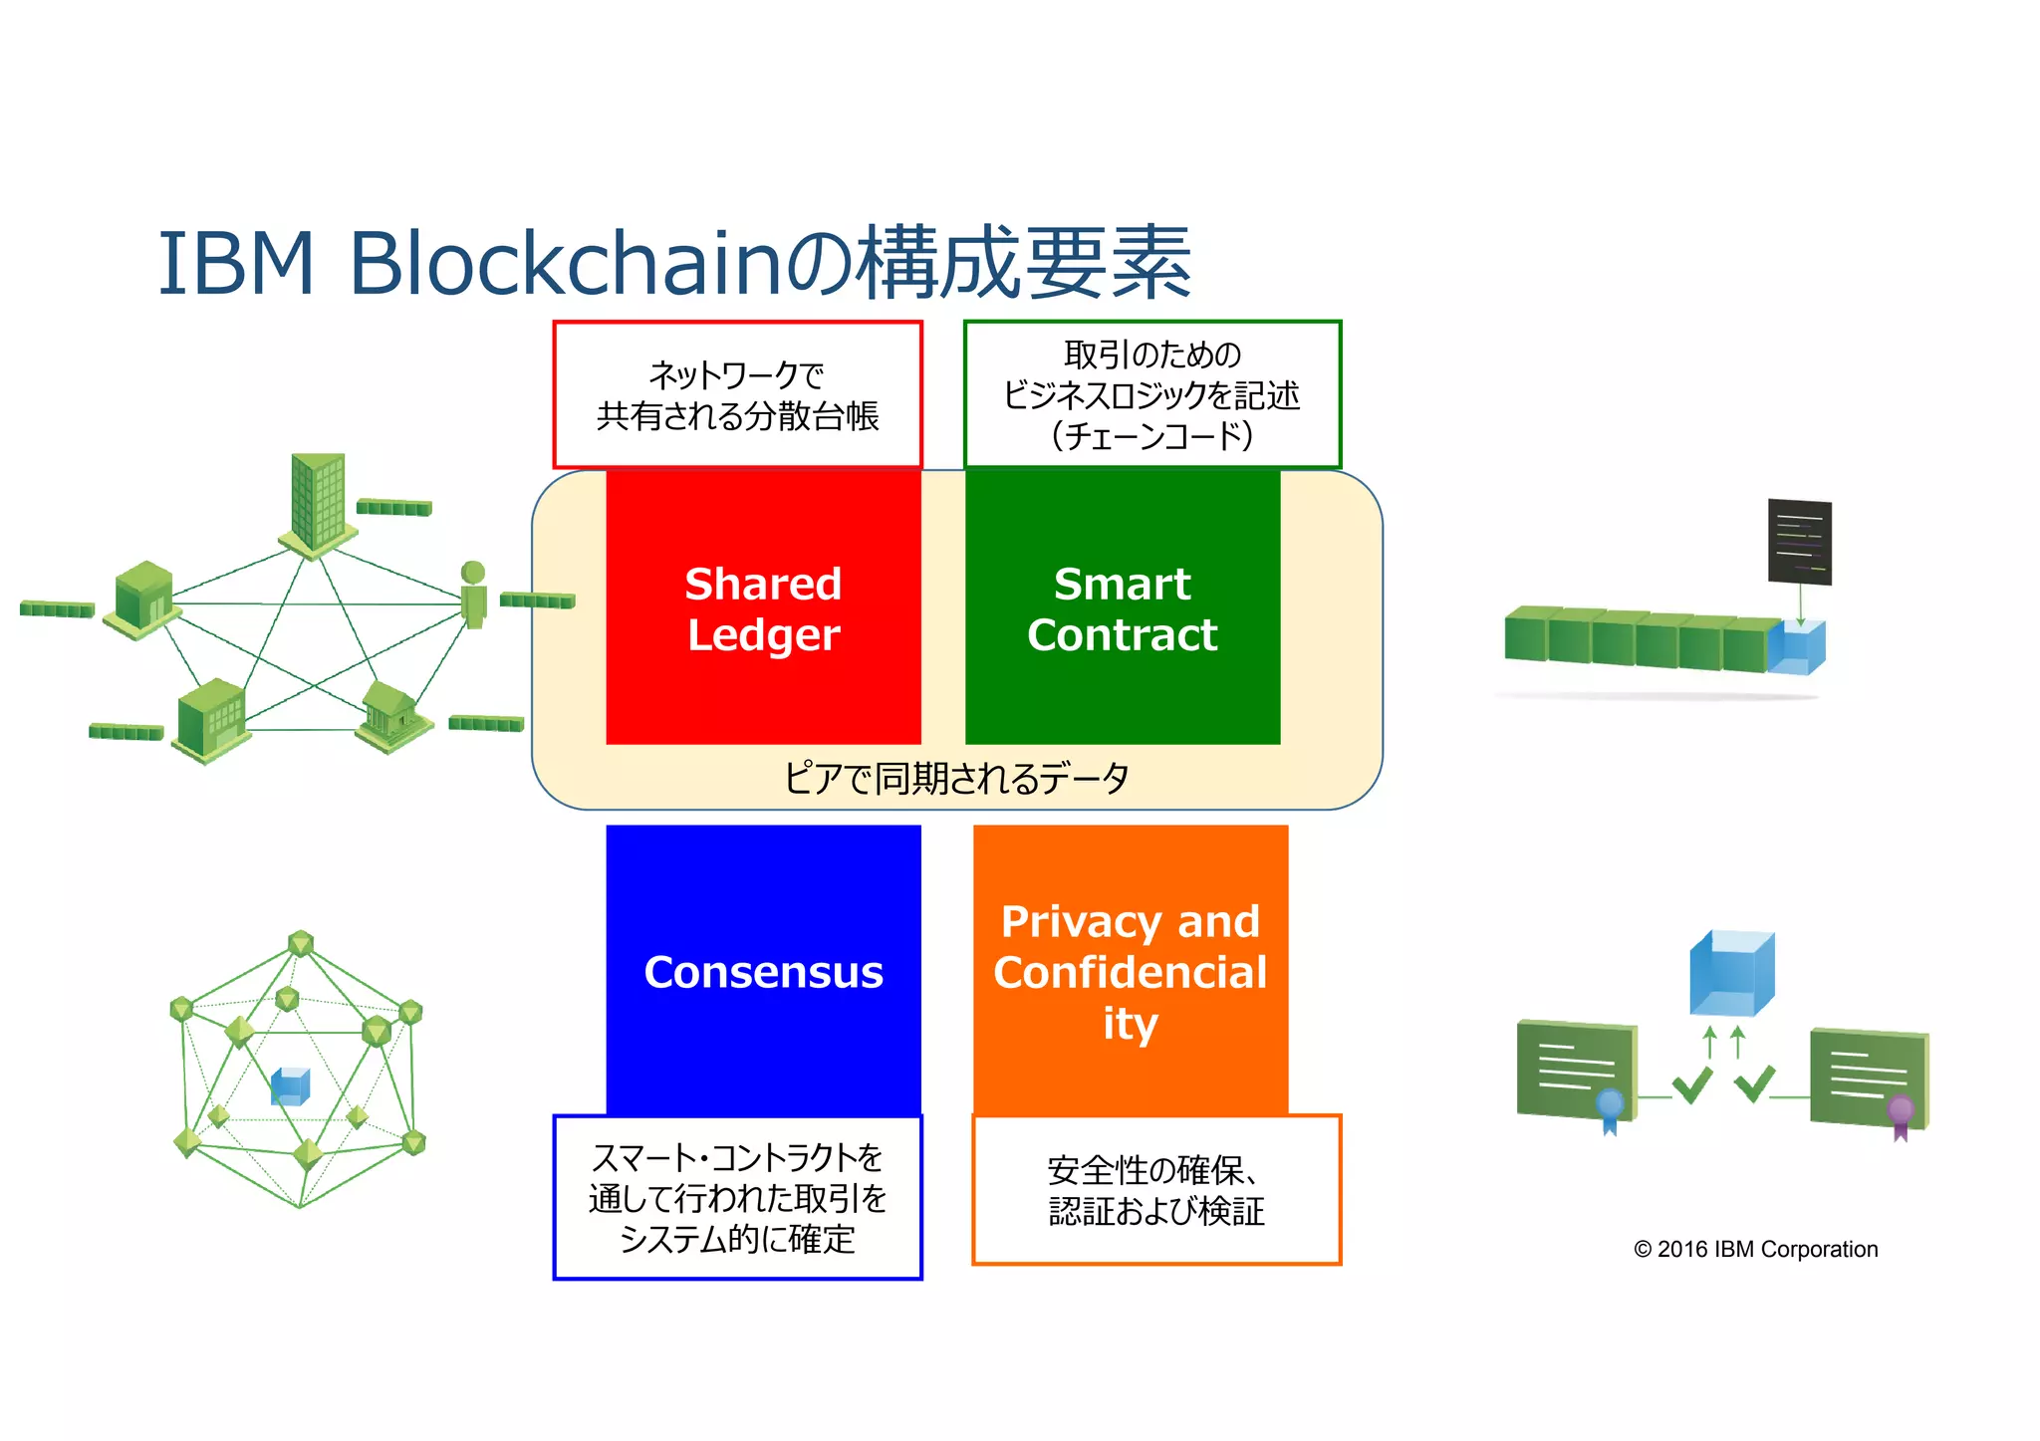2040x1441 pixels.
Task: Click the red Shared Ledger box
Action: (763, 607)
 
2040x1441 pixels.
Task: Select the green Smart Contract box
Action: (1122, 607)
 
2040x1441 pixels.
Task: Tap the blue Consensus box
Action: (763, 971)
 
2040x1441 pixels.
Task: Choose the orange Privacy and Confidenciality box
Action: (1130, 971)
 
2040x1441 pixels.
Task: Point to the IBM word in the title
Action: (236, 263)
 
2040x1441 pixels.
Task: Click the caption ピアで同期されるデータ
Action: (956, 778)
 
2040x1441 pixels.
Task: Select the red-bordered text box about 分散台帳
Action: (737, 395)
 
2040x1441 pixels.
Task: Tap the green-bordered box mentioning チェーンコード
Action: (1152, 395)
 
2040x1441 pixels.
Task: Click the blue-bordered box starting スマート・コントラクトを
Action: (737, 1197)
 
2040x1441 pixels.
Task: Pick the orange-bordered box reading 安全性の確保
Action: (1155, 1190)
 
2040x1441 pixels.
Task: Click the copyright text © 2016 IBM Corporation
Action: (1755, 1249)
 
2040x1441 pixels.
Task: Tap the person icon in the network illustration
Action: (474, 595)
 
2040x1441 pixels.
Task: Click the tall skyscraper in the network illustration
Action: (318, 503)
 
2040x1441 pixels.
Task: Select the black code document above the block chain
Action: (1799, 542)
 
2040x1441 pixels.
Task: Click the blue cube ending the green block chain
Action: (1798, 648)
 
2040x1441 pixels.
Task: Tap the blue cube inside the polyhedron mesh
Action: (291, 1086)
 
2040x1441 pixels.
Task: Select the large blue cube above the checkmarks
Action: (1731, 972)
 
